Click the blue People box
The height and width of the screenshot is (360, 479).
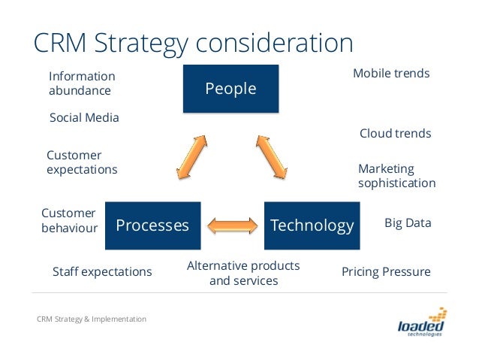click(x=230, y=89)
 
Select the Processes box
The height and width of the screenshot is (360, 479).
click(x=152, y=225)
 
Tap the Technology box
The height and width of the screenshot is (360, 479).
click(x=312, y=225)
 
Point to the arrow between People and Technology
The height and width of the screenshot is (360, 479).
click(x=271, y=157)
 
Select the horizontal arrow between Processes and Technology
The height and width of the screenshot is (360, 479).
click(x=232, y=225)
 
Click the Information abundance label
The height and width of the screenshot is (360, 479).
click(x=82, y=83)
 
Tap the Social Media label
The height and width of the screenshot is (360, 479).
click(x=84, y=118)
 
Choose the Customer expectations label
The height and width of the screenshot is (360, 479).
click(x=82, y=162)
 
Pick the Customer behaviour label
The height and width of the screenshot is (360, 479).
click(x=69, y=220)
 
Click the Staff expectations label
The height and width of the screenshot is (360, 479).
click(x=102, y=271)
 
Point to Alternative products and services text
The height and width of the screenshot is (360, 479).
click(x=243, y=273)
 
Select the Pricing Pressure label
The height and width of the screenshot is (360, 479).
click(x=386, y=271)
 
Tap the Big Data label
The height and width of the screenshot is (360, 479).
click(x=408, y=223)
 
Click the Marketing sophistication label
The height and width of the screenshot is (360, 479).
click(x=396, y=176)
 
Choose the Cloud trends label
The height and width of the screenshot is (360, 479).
click(x=395, y=134)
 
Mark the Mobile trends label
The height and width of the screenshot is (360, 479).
click(x=391, y=74)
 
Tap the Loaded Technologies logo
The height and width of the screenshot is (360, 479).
click(x=422, y=324)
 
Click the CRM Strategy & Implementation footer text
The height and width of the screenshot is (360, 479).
click(x=92, y=319)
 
